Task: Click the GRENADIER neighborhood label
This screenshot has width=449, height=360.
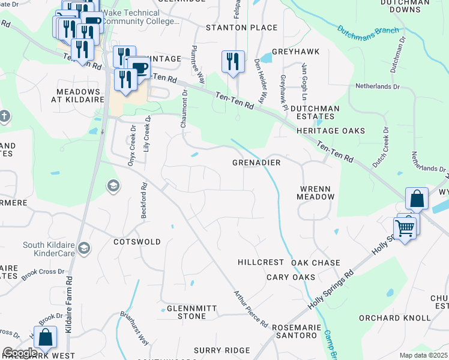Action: click(x=257, y=163)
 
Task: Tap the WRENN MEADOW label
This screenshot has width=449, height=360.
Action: click(x=315, y=193)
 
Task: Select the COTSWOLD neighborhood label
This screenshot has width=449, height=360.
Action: click(x=137, y=242)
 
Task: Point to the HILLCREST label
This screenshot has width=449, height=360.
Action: click(x=260, y=263)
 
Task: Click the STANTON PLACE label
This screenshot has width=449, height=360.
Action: click(x=242, y=28)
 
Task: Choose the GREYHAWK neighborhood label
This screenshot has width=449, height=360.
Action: click(x=295, y=52)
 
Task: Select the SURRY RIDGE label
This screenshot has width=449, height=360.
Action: click(x=221, y=350)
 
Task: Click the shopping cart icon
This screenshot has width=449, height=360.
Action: click(x=405, y=227)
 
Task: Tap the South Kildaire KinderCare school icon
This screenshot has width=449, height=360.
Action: click(x=85, y=248)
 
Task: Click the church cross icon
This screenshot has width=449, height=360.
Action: click(x=4, y=115)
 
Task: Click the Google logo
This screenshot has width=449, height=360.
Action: click(x=20, y=353)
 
